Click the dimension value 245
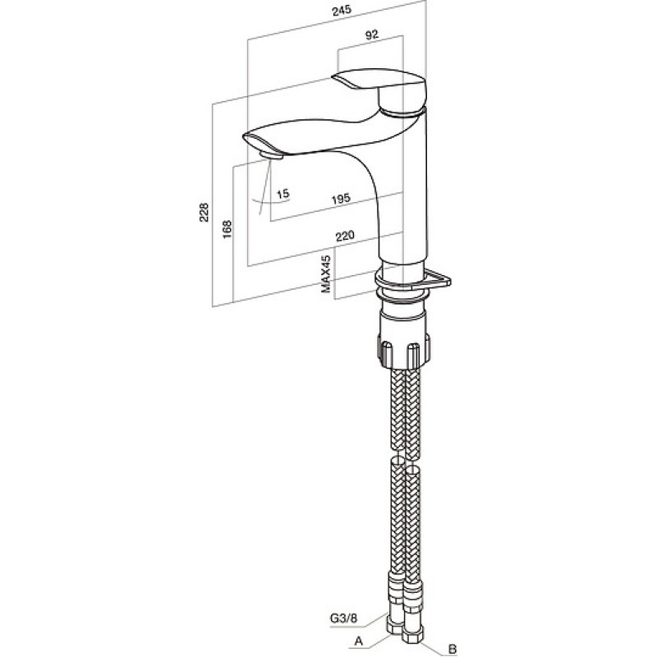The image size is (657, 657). (342, 10)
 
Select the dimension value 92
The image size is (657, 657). (372, 34)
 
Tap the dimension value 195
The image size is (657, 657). (341, 198)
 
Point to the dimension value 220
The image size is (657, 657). (345, 236)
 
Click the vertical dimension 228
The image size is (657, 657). (204, 213)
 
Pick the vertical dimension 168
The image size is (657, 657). (227, 229)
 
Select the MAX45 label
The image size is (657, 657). (326, 273)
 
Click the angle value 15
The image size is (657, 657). (283, 194)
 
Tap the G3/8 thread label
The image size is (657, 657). (343, 618)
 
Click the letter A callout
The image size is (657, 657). (358, 641)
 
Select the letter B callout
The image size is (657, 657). (453, 649)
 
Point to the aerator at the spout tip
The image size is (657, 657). (272, 155)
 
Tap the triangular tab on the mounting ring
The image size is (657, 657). (438, 279)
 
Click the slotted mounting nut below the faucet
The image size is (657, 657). (404, 349)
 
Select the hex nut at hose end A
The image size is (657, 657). (394, 627)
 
